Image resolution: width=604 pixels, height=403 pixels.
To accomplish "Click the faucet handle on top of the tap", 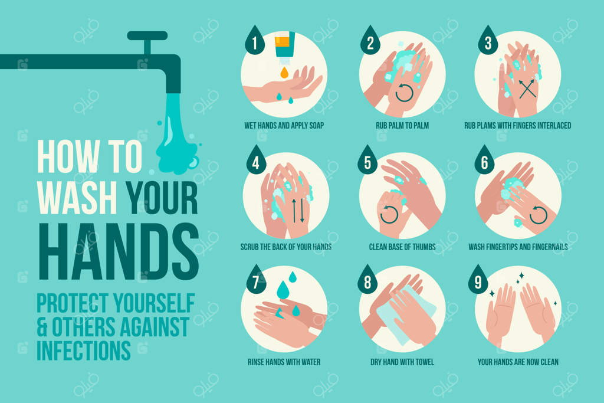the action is (x=147, y=36).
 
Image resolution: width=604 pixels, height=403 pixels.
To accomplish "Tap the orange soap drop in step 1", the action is (x=284, y=72).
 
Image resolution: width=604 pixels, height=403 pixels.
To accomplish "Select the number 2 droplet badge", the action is (x=370, y=40).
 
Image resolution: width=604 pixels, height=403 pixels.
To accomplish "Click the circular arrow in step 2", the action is (x=405, y=93).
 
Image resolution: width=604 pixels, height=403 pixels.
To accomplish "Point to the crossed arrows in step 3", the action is (x=527, y=89).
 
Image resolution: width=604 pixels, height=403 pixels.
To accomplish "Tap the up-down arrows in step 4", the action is (x=297, y=211).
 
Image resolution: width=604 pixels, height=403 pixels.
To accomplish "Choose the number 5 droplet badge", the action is (x=367, y=160).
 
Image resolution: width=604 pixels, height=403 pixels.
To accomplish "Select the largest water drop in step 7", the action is (x=283, y=290).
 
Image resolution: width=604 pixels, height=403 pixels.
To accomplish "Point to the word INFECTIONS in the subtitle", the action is (x=84, y=350).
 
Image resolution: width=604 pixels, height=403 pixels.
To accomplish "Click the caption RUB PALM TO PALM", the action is (x=402, y=126).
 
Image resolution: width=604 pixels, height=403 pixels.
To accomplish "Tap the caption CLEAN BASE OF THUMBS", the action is (x=402, y=247).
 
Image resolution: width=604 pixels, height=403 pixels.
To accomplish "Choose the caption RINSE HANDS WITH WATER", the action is (x=284, y=362).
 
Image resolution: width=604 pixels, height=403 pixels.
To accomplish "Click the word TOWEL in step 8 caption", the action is (x=425, y=362).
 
